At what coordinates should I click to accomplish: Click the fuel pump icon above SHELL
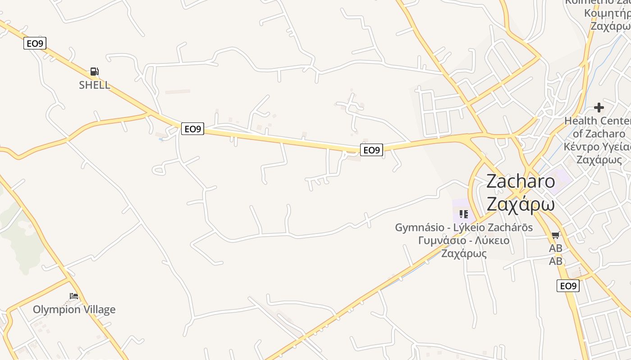pos(94,71)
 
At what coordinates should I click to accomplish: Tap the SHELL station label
pos(94,85)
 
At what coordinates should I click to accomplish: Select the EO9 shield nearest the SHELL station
pos(35,43)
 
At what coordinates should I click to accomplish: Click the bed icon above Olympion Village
pos(74,296)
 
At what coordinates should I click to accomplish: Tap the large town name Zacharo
pos(521,181)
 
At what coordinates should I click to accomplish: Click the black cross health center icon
pos(599,108)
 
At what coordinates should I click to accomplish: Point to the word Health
pos(581,121)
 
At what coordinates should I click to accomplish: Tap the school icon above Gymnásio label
pos(464,214)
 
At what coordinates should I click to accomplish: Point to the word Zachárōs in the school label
pos(512,228)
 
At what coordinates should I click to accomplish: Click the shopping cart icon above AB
pos(556,235)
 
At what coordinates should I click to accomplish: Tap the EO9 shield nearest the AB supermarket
pos(568,286)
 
